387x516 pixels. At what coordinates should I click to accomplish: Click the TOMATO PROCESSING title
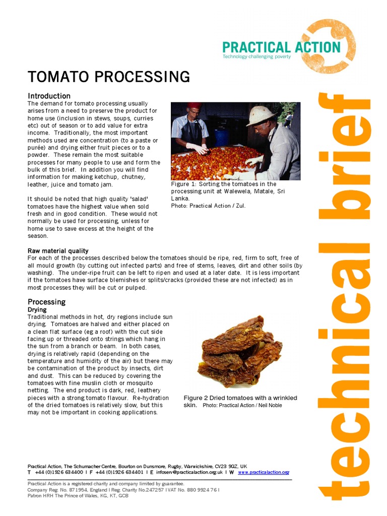pos(108,77)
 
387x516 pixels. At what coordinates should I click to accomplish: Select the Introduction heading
pos(49,96)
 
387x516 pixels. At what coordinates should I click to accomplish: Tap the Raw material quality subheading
pos(58,250)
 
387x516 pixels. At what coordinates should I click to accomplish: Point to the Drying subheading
pos(37,309)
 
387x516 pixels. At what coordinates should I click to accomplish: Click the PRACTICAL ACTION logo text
pos(281,48)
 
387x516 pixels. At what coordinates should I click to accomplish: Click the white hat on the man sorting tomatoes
pos(260,115)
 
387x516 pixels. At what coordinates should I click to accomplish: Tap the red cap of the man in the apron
pos(194,106)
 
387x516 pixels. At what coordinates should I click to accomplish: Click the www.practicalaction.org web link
pos(263,473)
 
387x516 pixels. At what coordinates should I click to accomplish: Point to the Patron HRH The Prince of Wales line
pos(78,496)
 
